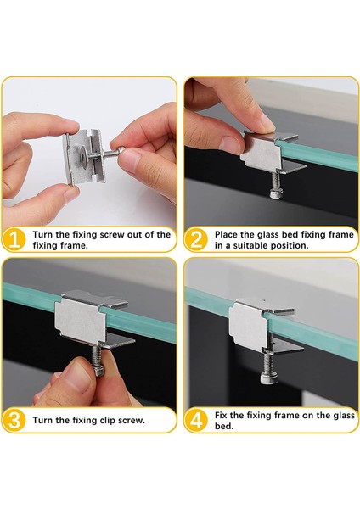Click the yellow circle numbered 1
(x=14, y=240)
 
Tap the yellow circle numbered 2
(x=195, y=240)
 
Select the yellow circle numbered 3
(x=14, y=421)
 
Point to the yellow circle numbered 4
(x=195, y=421)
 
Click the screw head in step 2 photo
(x=276, y=194)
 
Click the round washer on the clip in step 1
(x=83, y=157)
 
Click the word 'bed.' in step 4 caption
(x=224, y=426)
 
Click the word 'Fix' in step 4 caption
(x=221, y=415)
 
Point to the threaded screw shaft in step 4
(x=267, y=362)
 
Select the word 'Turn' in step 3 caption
(x=42, y=421)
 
